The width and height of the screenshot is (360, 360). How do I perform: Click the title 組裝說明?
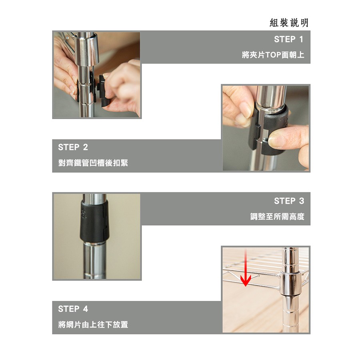coord(289,22)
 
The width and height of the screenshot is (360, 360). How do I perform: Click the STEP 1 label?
coord(288,39)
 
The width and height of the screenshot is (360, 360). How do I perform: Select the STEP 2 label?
coord(73,147)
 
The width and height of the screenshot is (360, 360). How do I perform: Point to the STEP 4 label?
coord(73,309)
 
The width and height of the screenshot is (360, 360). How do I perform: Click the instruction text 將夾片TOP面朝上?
coord(273,55)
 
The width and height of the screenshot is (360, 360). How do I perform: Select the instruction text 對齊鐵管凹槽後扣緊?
coord(93,163)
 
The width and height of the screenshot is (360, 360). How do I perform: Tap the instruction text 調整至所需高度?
coord(277,216)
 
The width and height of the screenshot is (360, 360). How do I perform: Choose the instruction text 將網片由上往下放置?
coord(93,324)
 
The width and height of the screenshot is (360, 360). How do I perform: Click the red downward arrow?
coord(246,268)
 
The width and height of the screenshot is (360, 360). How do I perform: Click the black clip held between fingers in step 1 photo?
coord(103,91)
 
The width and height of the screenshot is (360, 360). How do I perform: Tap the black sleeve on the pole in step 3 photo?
coord(94,221)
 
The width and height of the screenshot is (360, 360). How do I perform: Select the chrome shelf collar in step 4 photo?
coord(290,283)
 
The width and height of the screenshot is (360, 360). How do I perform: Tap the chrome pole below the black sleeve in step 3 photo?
coord(94,260)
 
